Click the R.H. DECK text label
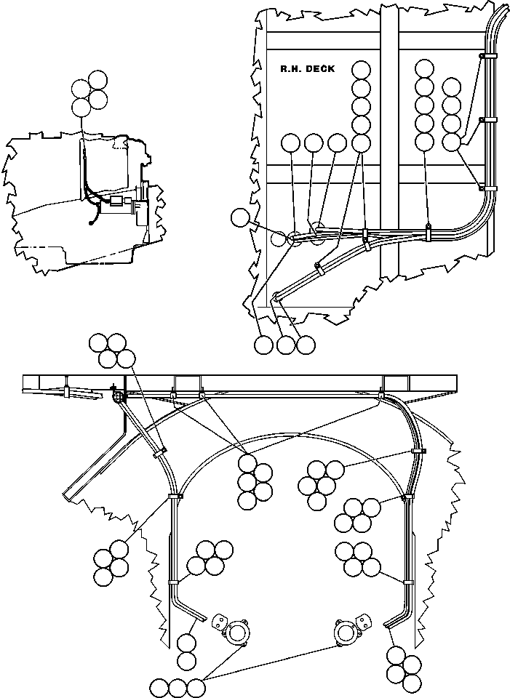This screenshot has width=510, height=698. pos(307,69)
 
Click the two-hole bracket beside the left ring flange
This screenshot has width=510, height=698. pos(219,622)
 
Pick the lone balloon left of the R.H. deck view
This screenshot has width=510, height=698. pos(241,217)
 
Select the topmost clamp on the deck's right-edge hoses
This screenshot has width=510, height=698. pos(487,57)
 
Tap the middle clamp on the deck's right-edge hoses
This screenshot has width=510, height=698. pos(487,120)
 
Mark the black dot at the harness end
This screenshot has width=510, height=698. pos(92,223)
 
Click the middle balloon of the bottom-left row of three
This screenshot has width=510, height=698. pos(178,687)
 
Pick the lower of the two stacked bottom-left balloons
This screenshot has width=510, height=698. pos(187,661)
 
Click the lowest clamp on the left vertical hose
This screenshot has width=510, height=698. pos(173,582)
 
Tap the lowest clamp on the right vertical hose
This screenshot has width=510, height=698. pos(407,582)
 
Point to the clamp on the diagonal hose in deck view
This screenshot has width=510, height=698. pos(319,268)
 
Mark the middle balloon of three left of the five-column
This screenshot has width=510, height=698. pos(314,143)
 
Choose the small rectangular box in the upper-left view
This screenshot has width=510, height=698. pos(117,201)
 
